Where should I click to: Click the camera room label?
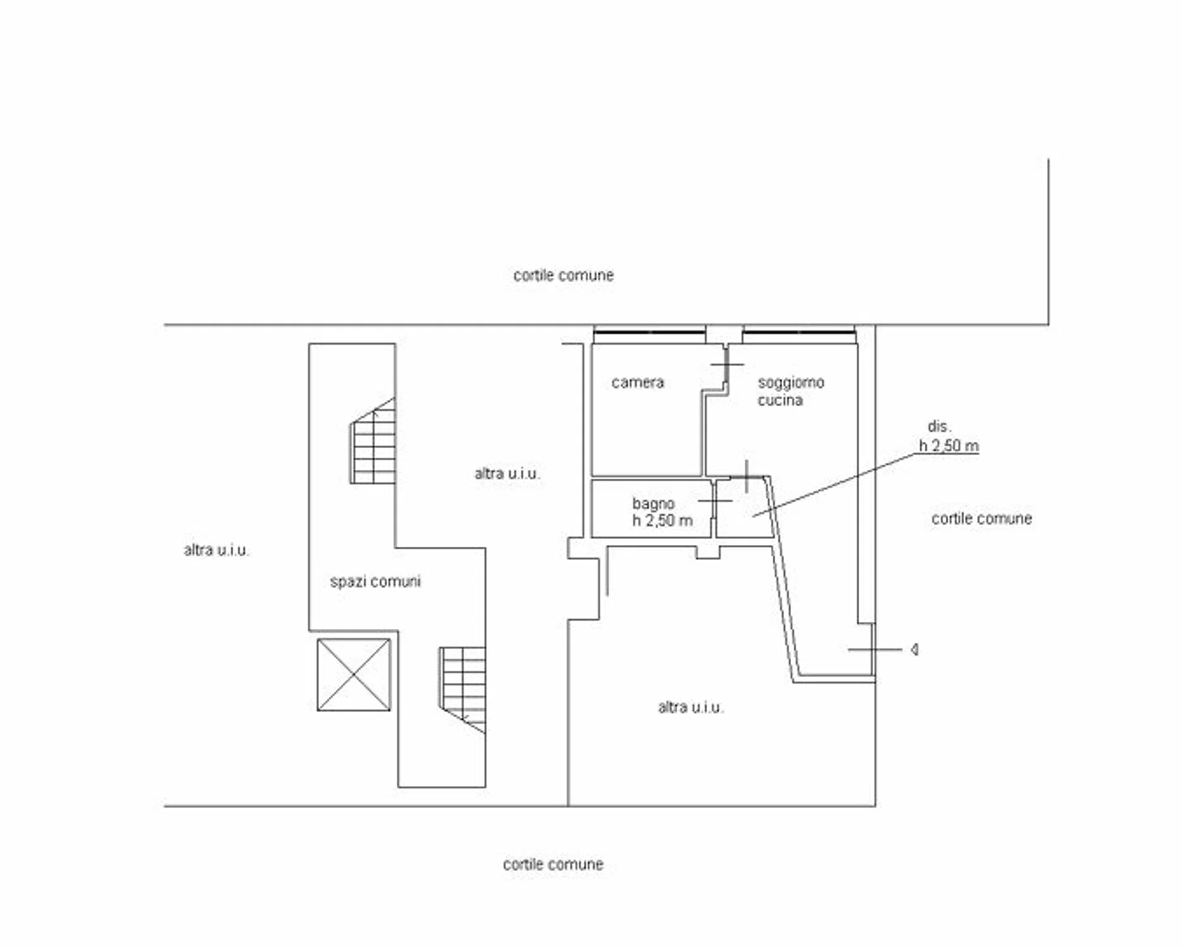[x=637, y=383]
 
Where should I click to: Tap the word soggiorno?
[x=791, y=383]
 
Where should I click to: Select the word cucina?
[x=780, y=400]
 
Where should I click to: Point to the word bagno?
[x=653, y=504]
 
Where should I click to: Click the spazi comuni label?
[x=375, y=581]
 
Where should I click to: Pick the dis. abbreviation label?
[x=939, y=427]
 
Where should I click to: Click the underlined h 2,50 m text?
[x=949, y=446]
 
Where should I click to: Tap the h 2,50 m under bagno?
[x=662, y=521]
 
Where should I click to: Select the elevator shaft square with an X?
[x=354, y=675]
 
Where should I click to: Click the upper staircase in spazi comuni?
[x=373, y=441]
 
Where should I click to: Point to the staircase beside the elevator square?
[x=463, y=690]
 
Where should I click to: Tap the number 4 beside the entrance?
[x=915, y=650]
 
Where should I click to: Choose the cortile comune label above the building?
[x=564, y=275]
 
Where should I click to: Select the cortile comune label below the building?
[x=553, y=864]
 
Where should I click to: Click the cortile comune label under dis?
[x=982, y=519]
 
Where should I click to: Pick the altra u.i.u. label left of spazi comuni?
[x=217, y=551]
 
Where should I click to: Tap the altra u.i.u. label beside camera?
[x=507, y=473]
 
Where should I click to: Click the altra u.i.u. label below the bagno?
[x=691, y=707]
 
